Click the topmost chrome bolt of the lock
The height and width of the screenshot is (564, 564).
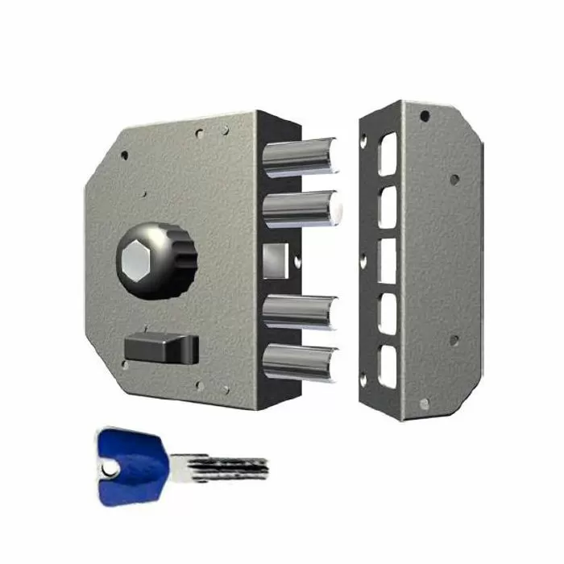[x=302, y=156]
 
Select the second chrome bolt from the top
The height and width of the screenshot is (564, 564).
[x=300, y=209]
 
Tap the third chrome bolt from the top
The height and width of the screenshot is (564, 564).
[x=300, y=312]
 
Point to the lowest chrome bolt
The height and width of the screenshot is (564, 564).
[x=300, y=362]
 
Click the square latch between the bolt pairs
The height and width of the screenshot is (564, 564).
[x=275, y=259]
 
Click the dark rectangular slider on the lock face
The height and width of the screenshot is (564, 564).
[x=161, y=349]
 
